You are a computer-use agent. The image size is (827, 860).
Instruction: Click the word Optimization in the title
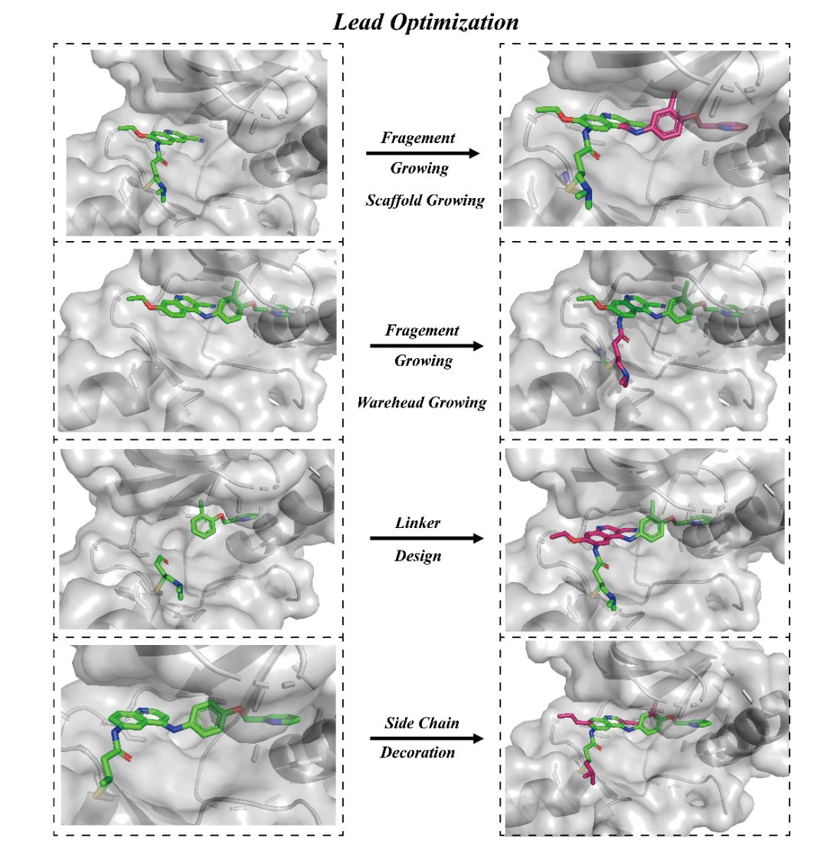click(x=454, y=22)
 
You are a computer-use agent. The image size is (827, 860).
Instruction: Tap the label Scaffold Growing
click(x=425, y=200)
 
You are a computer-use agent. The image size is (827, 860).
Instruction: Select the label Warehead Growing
click(x=422, y=402)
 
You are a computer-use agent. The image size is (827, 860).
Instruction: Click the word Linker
click(x=418, y=523)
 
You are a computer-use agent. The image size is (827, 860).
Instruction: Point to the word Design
click(x=418, y=555)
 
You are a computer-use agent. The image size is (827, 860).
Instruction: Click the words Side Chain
click(x=422, y=723)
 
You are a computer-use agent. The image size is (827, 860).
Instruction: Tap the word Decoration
click(x=418, y=753)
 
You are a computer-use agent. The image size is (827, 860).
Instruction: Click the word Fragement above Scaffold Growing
click(x=418, y=138)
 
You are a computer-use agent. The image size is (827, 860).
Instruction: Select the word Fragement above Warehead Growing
click(x=422, y=331)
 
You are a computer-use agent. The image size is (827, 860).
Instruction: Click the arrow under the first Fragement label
click(x=423, y=153)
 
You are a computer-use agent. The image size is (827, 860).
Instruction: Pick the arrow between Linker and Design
click(x=427, y=539)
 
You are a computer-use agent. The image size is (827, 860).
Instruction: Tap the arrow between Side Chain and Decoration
click(x=427, y=738)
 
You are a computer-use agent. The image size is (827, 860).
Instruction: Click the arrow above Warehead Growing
click(x=427, y=346)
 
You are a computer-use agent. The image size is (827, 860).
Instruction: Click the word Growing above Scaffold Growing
click(x=420, y=168)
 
